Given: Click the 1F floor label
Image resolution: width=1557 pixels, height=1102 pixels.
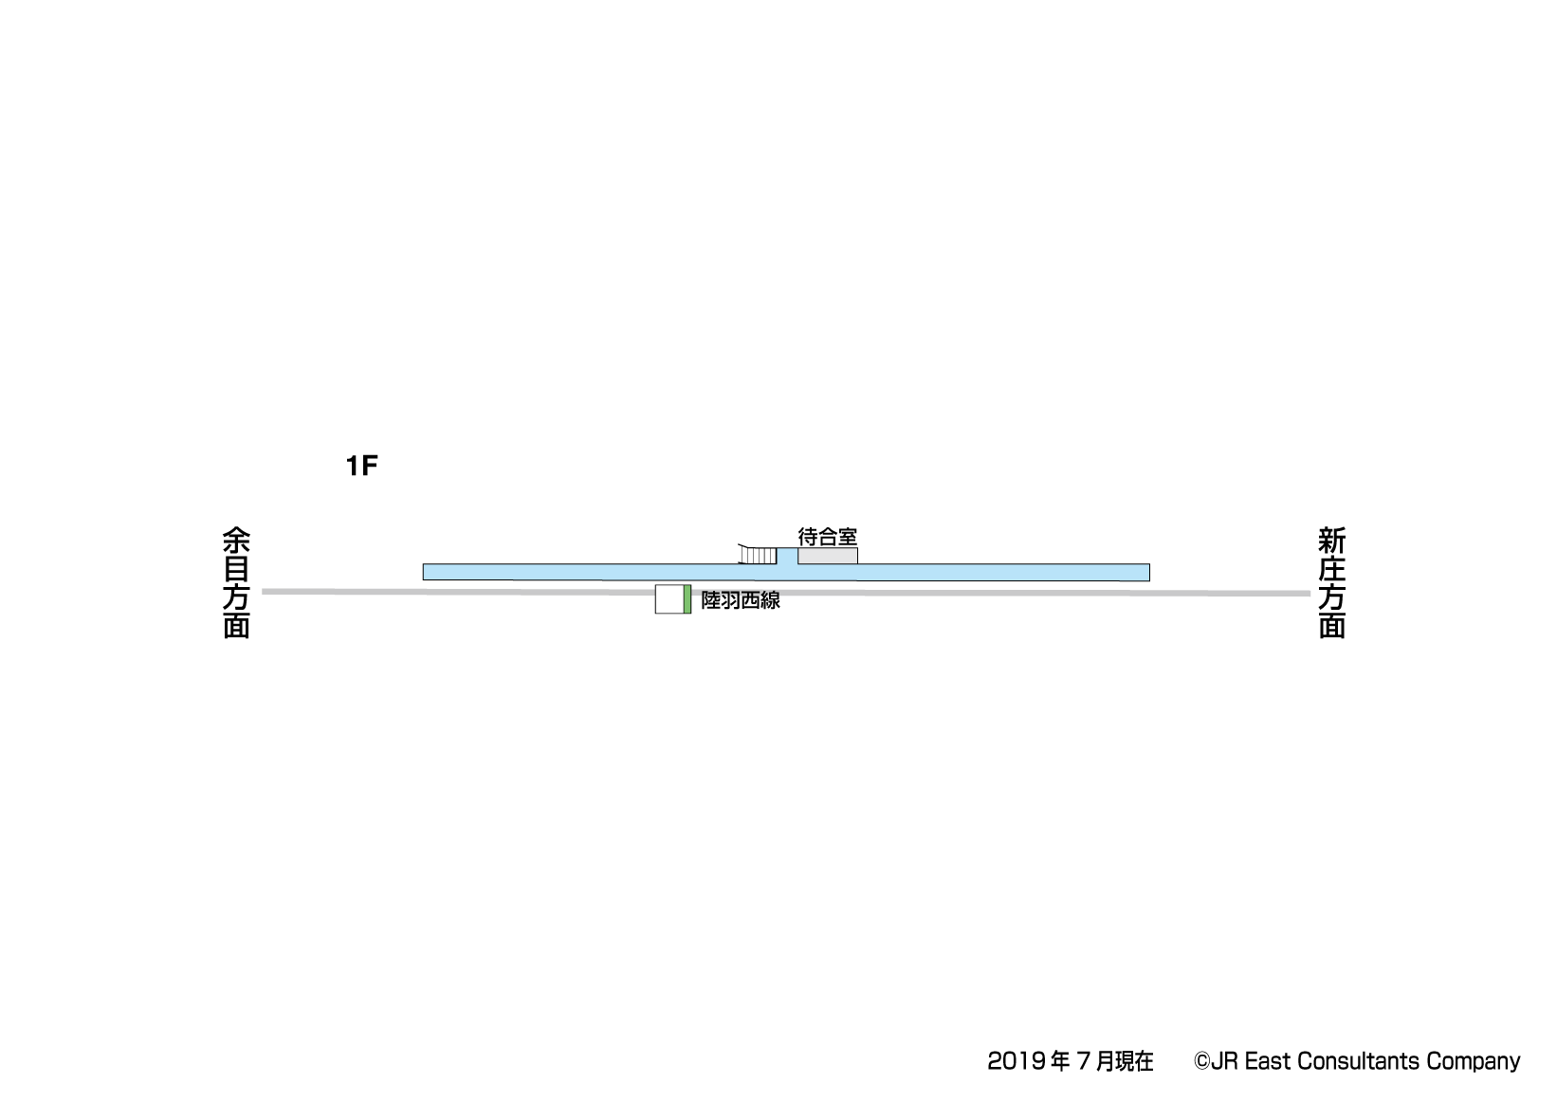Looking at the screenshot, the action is pyautogui.click(x=361, y=465).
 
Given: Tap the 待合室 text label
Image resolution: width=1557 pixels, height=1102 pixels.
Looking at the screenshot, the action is pyautogui.click(x=827, y=537).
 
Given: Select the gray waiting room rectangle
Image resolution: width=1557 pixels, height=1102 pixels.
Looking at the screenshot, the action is pyautogui.click(x=827, y=556).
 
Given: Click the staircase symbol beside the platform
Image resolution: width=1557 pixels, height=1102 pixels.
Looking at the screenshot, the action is pyautogui.click(x=758, y=554).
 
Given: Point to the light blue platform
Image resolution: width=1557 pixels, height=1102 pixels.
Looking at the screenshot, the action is pyautogui.click(x=786, y=572).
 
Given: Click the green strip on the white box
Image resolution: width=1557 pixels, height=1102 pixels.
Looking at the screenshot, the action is pyautogui.click(x=687, y=599).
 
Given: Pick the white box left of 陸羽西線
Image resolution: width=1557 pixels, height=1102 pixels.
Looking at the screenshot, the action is pyautogui.click(x=669, y=599).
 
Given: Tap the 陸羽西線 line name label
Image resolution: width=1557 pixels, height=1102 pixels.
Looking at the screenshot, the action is pyautogui.click(x=741, y=600).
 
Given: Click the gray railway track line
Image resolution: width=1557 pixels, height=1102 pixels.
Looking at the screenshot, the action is pyautogui.click(x=786, y=593).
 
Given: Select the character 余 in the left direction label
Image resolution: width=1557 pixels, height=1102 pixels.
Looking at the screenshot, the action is pyautogui.click(x=236, y=541).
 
